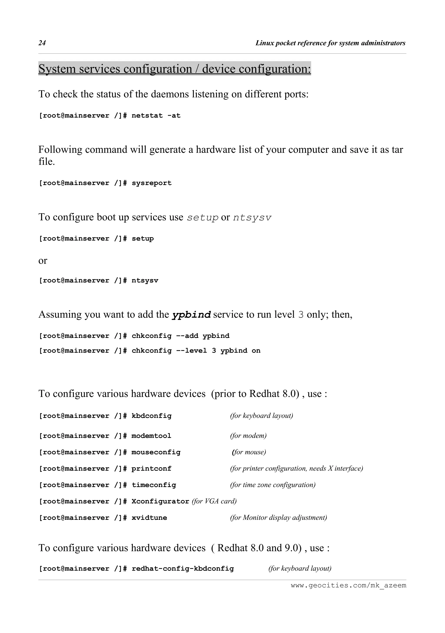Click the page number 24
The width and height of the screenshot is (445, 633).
42,43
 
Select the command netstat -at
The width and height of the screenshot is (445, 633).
156,116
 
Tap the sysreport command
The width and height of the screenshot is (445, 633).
151,183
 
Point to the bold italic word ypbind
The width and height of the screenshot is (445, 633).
191,315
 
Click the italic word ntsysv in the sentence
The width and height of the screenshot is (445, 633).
252,218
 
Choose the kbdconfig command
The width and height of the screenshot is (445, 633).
151,416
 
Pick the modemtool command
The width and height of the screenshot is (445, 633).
151,436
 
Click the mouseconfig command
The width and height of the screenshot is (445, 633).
156,452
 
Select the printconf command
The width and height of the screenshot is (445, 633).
151,469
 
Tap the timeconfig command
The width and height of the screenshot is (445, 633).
154,485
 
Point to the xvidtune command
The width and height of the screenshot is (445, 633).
149,518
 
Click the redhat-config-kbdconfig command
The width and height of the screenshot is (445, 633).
183,569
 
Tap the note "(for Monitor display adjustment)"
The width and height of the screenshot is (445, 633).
278,518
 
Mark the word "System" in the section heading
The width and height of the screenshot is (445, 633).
57,69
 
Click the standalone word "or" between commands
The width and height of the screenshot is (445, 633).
43,261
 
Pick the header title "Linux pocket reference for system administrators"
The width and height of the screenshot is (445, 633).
330,43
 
